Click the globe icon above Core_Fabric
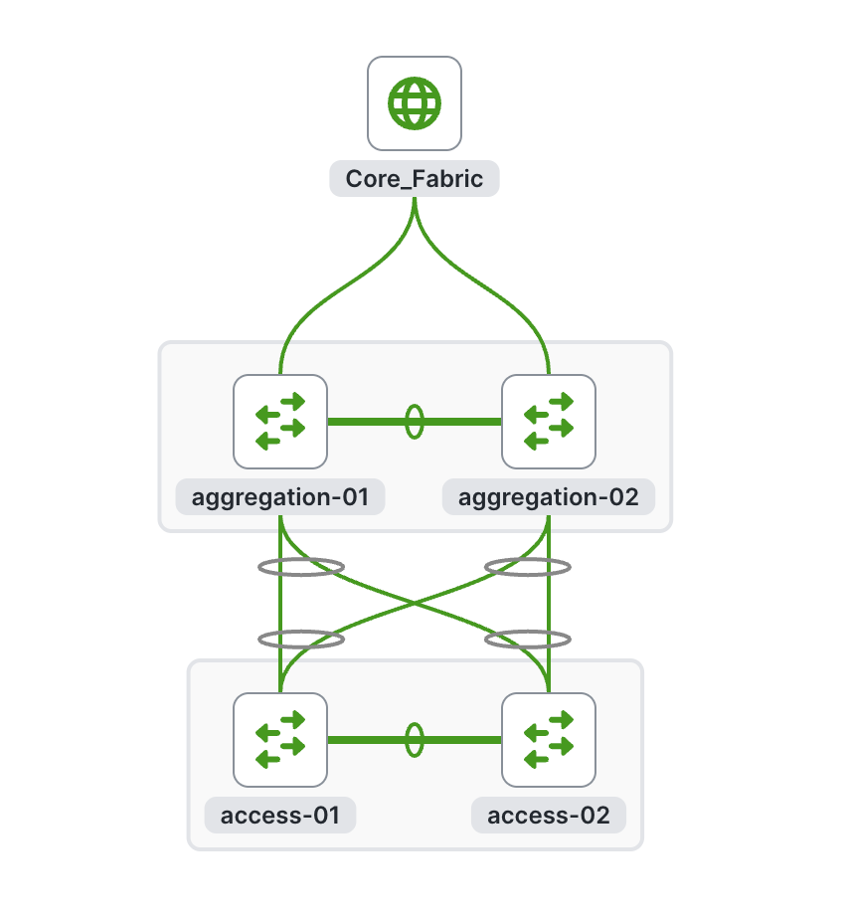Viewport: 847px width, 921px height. [x=415, y=103]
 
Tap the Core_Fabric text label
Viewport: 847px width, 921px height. [x=415, y=179]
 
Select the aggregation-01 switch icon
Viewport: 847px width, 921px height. [x=280, y=422]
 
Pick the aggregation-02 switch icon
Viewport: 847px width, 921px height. [x=549, y=422]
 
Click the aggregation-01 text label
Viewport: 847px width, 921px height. [x=280, y=496]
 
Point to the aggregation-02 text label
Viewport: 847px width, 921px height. [x=549, y=496]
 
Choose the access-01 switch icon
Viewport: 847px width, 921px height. [x=280, y=739]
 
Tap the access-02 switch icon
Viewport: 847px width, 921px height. [x=549, y=739]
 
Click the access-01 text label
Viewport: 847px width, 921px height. [x=280, y=816]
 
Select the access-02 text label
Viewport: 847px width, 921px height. [x=549, y=816]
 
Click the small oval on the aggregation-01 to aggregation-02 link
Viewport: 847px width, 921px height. [x=415, y=422]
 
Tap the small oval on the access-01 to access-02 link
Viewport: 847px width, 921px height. [x=415, y=739]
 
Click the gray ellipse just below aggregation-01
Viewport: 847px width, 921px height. [x=301, y=567]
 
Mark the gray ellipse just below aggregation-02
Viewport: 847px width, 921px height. [x=528, y=567]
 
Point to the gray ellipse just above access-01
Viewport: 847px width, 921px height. [x=301, y=639]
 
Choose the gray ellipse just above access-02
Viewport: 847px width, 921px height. [x=528, y=639]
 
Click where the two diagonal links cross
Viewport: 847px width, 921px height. [x=415, y=603]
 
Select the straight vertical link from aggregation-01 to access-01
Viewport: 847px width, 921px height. [x=280, y=607]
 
